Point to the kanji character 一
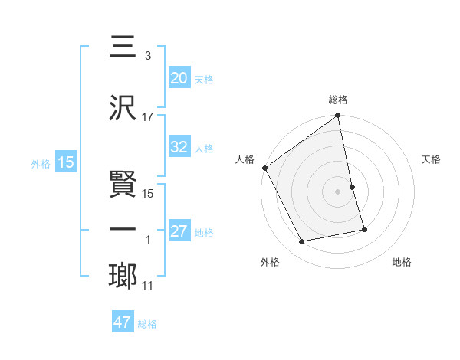pyautogui.click(x=122, y=231)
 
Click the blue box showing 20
pyautogui.click(x=179, y=77)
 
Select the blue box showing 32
pyautogui.click(x=179, y=148)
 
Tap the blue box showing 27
pyautogui.click(x=179, y=232)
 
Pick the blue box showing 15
pyautogui.click(x=65, y=162)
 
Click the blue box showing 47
pyautogui.click(x=123, y=322)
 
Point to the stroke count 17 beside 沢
pyautogui.click(x=148, y=117)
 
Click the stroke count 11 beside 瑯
pyautogui.click(x=148, y=286)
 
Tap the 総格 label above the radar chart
pyautogui.click(x=338, y=100)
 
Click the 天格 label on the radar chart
pyautogui.click(x=432, y=159)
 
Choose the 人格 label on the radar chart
pyautogui.click(x=245, y=159)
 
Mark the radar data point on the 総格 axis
pyautogui.click(x=338, y=116)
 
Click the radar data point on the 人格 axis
pyautogui.click(x=264, y=168)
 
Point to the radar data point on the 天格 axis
pyautogui.click(x=352, y=187)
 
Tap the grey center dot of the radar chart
pyautogui.click(x=338, y=191)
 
